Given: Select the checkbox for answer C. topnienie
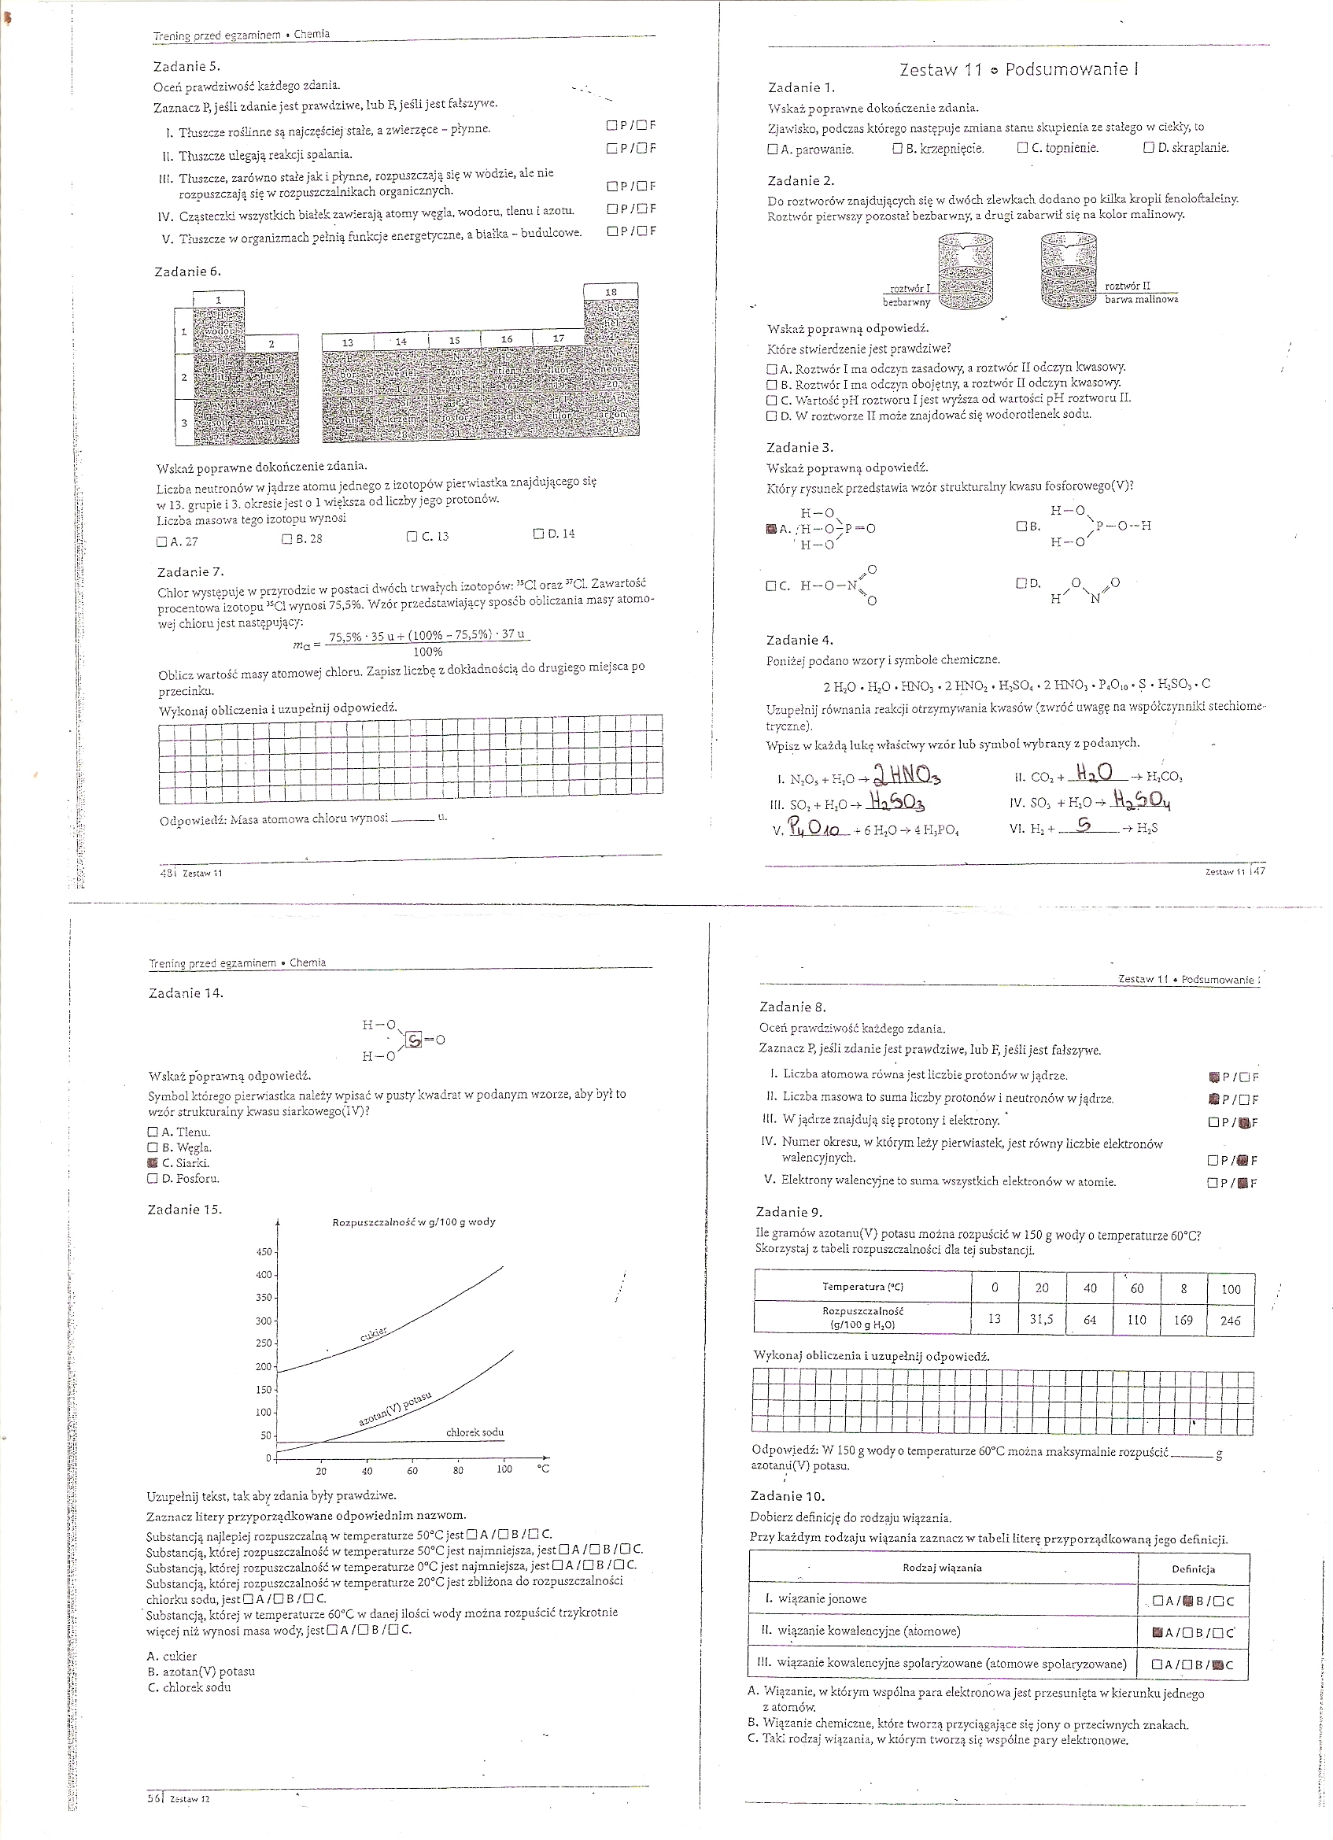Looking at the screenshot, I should [x=1021, y=149].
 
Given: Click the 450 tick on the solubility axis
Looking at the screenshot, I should [x=264, y=1252].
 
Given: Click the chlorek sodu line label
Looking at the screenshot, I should [x=474, y=1432].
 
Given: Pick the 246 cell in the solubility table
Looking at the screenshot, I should [x=1230, y=1320].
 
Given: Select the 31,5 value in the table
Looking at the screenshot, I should [x=1042, y=1319].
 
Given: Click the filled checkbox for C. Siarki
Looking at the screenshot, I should [x=153, y=1162].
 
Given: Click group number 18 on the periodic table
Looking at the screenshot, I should [x=611, y=292].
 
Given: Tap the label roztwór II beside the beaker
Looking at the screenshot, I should [x=1127, y=286].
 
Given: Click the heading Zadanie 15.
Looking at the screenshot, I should [x=184, y=1210].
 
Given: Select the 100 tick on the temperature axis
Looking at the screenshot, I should [x=504, y=1469].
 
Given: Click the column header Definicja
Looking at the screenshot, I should [x=1194, y=1568].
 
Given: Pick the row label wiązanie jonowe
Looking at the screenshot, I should [x=822, y=1598].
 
